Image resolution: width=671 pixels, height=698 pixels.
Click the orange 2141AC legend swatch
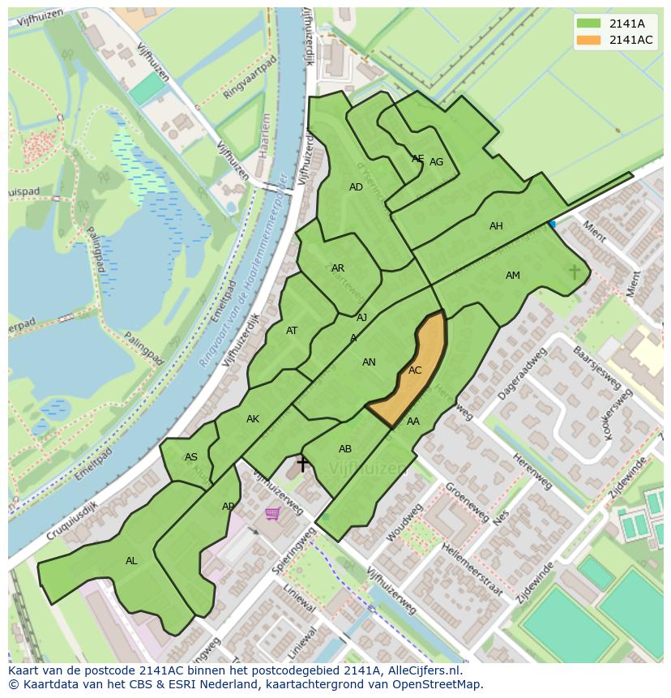(589, 41)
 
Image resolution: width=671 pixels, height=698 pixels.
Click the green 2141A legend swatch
(589, 24)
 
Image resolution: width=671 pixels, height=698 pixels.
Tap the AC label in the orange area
(415, 370)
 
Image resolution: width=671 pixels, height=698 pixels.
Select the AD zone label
(356, 187)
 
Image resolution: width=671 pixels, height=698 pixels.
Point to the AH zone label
(496, 226)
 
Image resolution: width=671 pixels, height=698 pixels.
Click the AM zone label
(513, 276)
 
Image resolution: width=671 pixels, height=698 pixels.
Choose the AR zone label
(338, 268)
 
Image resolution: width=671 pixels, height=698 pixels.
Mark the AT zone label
(292, 331)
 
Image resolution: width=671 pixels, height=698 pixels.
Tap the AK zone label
(253, 419)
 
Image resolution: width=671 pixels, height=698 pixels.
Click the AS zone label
(191, 457)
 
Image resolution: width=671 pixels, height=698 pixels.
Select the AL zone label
(131, 561)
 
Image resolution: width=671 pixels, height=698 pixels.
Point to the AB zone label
(345, 449)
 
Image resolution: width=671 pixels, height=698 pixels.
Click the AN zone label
(369, 362)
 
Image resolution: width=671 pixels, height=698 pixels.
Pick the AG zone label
(436, 162)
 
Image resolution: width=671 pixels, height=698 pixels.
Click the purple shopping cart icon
(273, 513)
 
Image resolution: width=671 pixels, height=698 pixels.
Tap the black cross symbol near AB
(302, 464)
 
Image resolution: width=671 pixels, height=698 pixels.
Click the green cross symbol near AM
(575, 272)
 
